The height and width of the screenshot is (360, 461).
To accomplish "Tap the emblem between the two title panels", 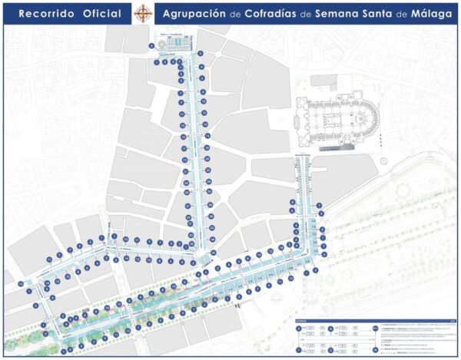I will (x=143, y=13).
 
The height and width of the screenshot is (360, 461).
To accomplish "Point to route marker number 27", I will (x=187, y=206).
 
